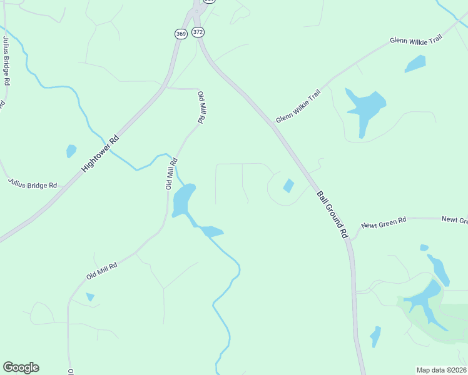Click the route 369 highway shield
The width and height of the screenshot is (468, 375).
180,34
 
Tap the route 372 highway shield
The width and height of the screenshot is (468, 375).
198,31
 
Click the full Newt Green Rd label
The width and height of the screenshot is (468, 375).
384,222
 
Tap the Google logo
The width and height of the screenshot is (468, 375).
21,367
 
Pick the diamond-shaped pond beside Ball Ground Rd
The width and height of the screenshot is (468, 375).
288,186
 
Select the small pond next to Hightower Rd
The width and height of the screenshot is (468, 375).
71,151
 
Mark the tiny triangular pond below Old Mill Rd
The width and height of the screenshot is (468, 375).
90,297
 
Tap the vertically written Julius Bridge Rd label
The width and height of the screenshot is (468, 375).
6,61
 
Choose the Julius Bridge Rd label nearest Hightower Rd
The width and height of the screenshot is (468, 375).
33,183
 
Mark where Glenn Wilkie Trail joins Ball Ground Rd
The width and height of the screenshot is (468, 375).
273,124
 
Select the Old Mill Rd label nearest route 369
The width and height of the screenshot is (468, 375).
201,108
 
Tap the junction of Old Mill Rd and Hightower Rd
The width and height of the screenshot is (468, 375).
164,88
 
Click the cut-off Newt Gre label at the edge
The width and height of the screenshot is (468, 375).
455,220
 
